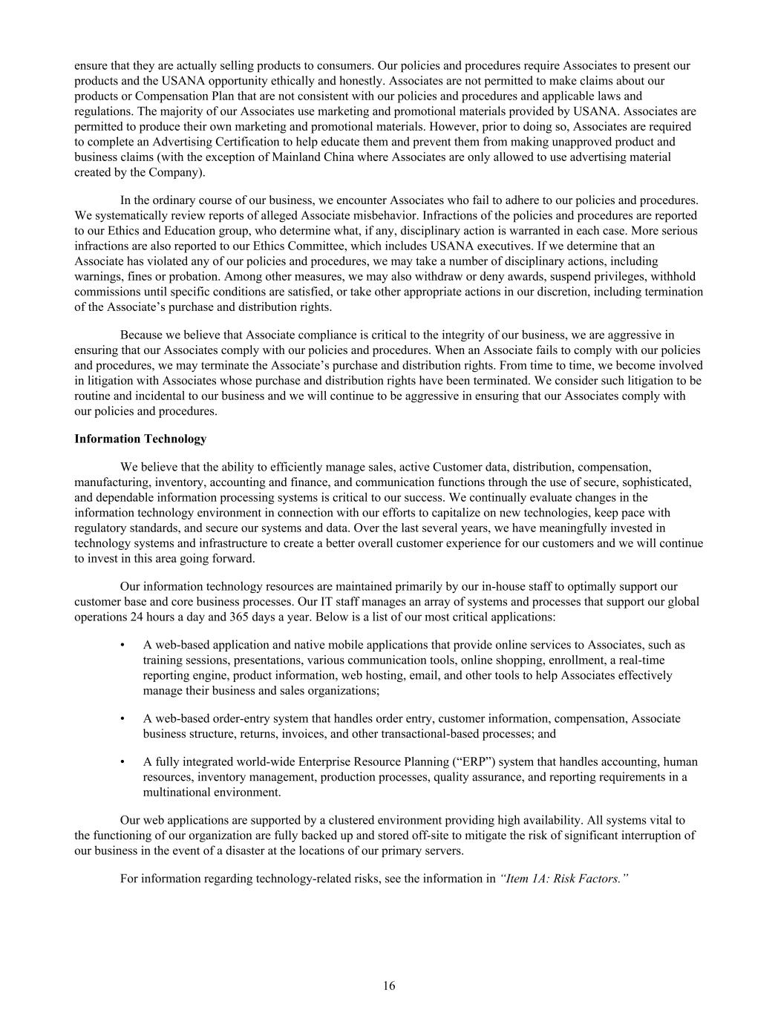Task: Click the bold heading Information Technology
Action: pyautogui.click(x=140, y=439)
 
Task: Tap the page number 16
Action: pyautogui.click(x=390, y=986)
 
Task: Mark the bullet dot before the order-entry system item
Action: pyautogui.click(x=122, y=718)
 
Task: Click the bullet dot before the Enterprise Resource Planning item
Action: pyautogui.click(x=122, y=761)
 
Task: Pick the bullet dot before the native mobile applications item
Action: pyautogui.click(x=122, y=645)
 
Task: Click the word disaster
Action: pyautogui.click(x=305, y=850)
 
